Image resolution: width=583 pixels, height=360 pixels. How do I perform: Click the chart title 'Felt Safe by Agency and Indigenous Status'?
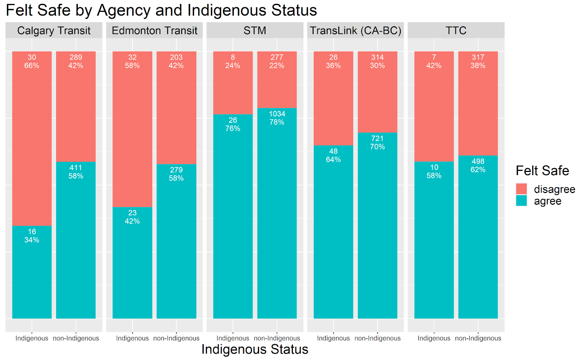161,10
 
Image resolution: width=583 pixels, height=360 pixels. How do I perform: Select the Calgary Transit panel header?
54,31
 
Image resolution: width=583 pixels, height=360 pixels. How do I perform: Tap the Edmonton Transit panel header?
154,31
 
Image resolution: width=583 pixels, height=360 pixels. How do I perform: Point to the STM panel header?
255,31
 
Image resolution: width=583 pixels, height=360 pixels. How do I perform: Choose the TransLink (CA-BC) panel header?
355,31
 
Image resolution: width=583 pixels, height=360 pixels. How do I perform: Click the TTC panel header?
456,31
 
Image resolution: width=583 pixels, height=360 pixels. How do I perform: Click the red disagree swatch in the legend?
521,189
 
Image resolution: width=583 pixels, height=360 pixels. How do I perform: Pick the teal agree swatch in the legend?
521,201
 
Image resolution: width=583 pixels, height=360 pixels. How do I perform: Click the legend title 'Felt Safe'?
542,171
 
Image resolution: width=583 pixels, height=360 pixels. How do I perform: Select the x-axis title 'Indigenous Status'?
255,349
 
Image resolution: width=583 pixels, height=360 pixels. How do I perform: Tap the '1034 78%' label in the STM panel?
277,118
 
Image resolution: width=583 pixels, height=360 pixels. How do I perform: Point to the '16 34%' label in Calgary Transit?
32,236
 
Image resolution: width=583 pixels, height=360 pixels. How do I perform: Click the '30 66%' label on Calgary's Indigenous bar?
32,62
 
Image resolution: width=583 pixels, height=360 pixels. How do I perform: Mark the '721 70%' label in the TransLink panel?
377,142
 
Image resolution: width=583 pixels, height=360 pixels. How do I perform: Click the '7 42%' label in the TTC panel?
434,62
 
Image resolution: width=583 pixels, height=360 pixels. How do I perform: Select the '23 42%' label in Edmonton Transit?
132,217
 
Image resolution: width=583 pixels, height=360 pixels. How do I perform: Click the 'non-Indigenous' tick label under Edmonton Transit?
176,338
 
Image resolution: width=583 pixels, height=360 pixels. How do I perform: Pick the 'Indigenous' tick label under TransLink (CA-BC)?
333,338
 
